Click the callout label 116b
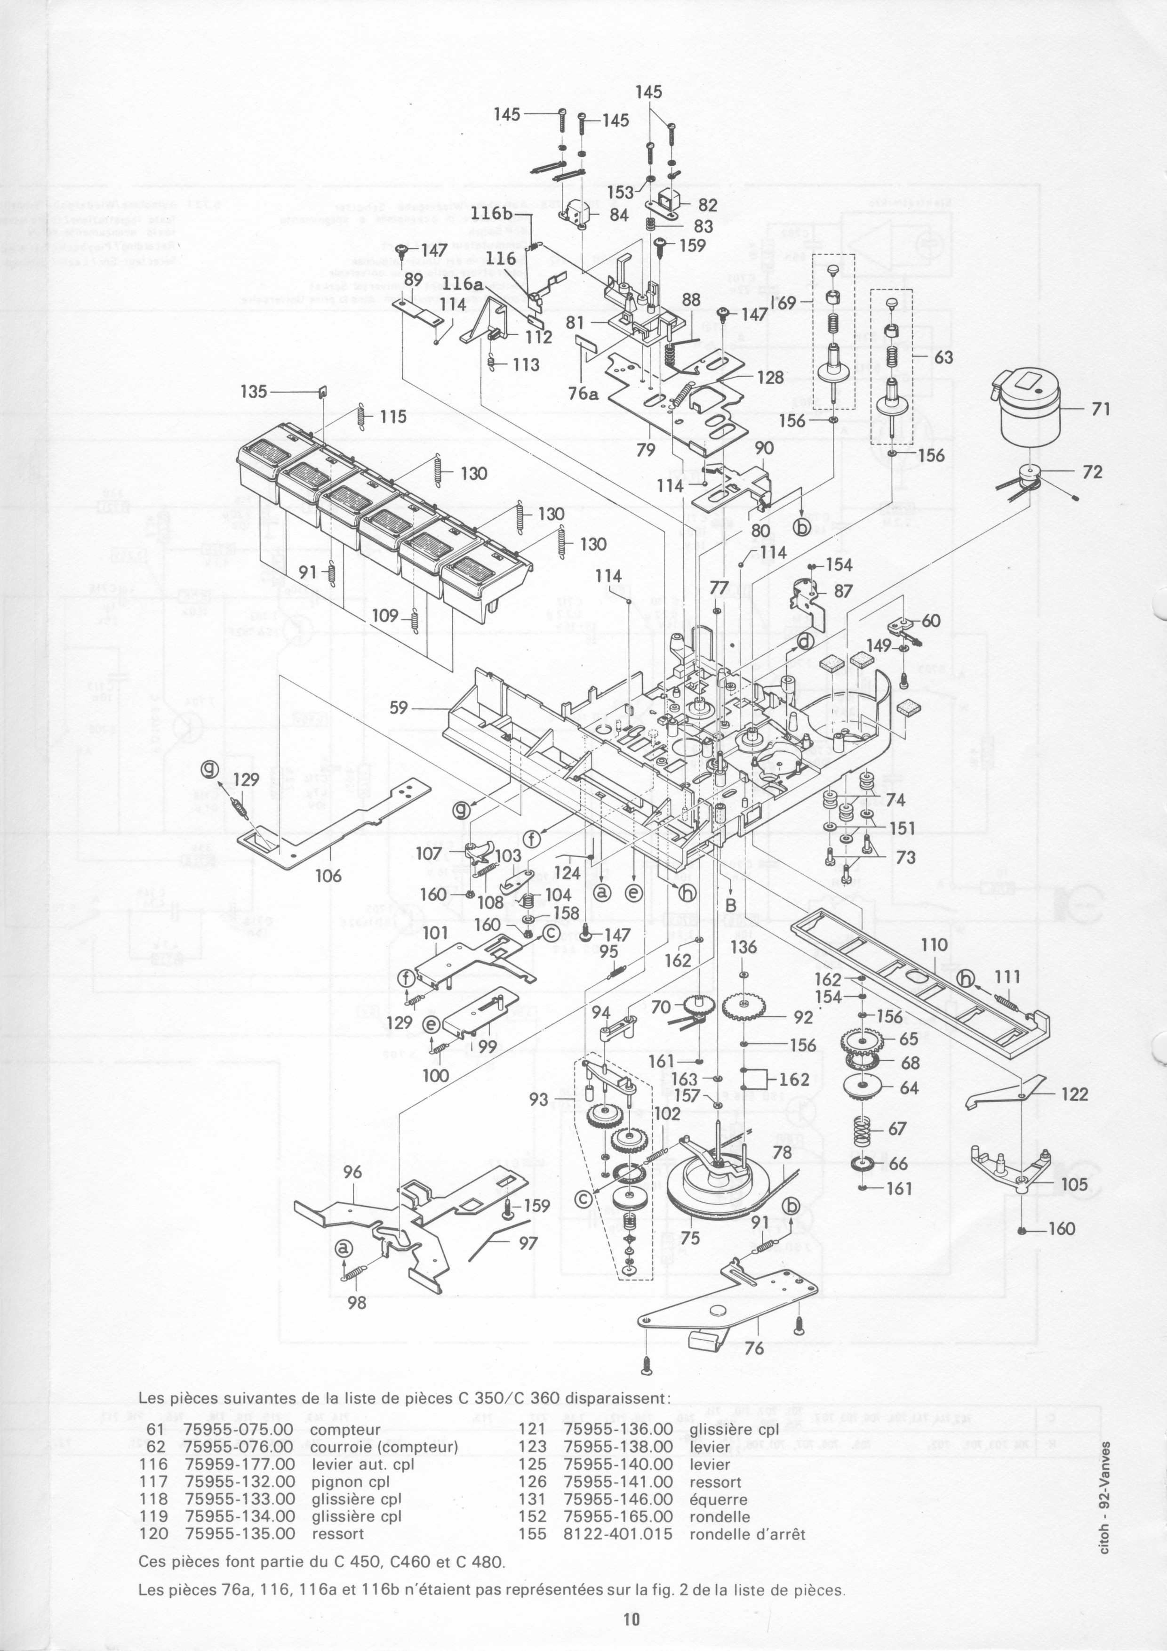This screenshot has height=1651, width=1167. click(x=492, y=214)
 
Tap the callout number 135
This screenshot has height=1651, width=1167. click(x=253, y=392)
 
